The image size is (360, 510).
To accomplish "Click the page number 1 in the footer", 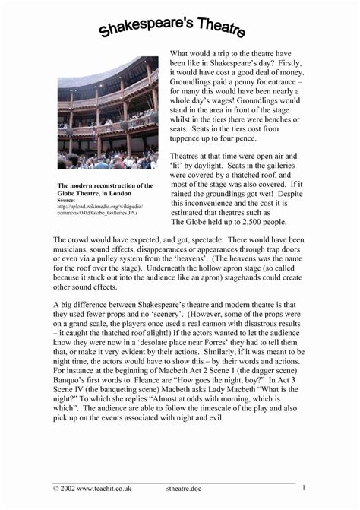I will (x=303, y=487).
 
